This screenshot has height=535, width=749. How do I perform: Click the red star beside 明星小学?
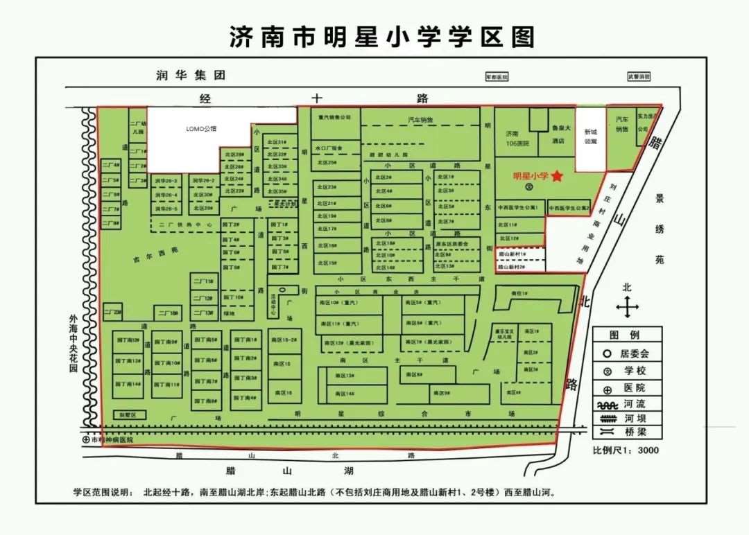pos(557,177)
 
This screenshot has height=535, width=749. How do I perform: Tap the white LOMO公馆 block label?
pos(202,129)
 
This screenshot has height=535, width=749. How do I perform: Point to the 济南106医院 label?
pos(513,138)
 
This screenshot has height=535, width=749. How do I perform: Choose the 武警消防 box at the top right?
pos(639,77)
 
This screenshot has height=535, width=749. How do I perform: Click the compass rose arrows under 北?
pos(627,306)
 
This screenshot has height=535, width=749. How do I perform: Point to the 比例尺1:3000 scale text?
pos(625,450)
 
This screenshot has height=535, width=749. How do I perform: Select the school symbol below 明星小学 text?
pos(530,186)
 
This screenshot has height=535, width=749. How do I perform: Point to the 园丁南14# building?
pos(128,384)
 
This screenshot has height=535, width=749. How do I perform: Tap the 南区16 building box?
pos(284,393)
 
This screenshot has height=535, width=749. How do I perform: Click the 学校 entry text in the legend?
pos(637,371)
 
